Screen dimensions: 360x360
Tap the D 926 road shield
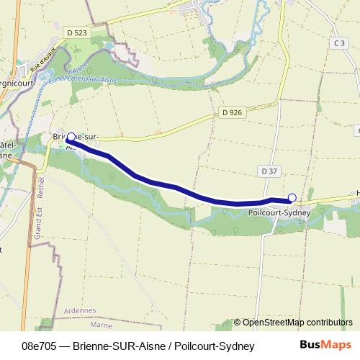click(x=232, y=112)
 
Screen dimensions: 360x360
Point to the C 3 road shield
click(x=341, y=43)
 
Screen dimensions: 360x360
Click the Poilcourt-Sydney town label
click(x=278, y=212)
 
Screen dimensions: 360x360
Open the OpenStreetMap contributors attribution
click(x=297, y=322)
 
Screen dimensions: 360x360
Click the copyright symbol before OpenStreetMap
click(x=238, y=322)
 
